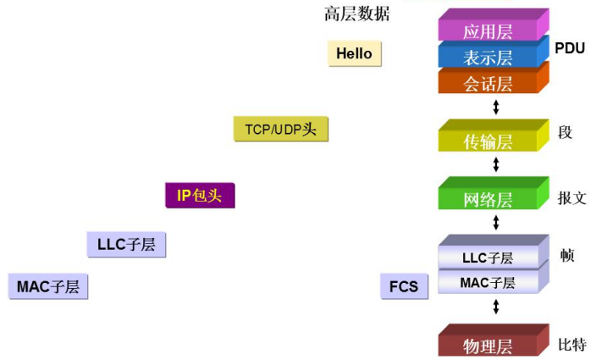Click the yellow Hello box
pyautogui.click(x=354, y=53)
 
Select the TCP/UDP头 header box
pyautogui.click(x=280, y=129)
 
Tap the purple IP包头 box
pyautogui.click(x=199, y=196)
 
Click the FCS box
pyautogui.click(x=403, y=286)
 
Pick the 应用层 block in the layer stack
pyautogui.click(x=488, y=31)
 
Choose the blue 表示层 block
pyautogui.click(x=488, y=57)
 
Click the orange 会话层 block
pyautogui.click(x=488, y=82)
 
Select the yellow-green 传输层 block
pyautogui.click(x=488, y=141)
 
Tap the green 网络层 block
pyautogui.click(x=488, y=199)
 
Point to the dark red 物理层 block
pyautogui.click(x=488, y=345)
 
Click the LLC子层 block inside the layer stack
pyautogui.click(x=488, y=257)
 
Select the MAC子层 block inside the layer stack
pyautogui.click(x=488, y=282)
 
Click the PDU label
pyautogui.click(x=570, y=48)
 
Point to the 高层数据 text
pyautogui.click(x=356, y=14)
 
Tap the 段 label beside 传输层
pyautogui.click(x=566, y=132)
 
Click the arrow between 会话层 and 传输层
pyautogui.click(x=496, y=108)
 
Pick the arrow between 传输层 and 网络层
pyautogui.click(x=496, y=165)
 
